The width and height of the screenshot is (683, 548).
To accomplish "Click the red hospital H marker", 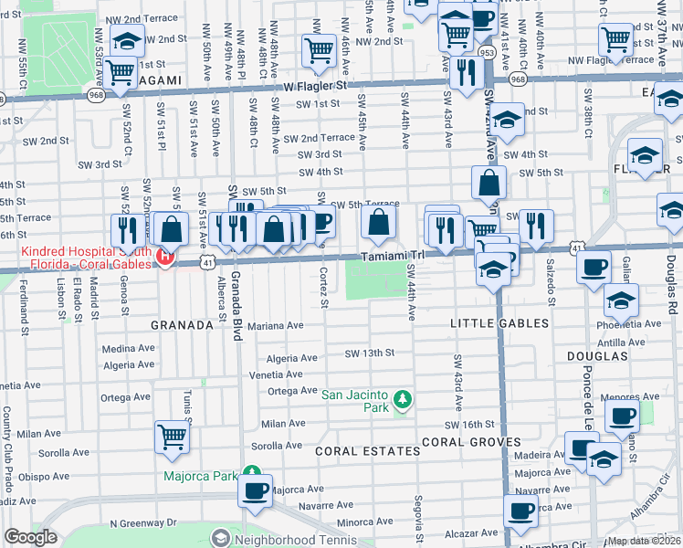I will tap(165, 257).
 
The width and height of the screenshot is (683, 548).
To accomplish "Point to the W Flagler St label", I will tap(317, 86).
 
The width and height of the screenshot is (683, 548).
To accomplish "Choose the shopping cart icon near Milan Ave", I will tap(172, 437).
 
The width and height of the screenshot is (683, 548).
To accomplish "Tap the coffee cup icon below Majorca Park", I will tap(254, 490).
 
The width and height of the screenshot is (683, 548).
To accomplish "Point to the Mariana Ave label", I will tap(275, 325).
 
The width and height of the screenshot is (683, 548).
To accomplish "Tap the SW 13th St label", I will tap(369, 353).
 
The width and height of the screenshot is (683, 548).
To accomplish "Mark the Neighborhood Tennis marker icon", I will tap(219, 538).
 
